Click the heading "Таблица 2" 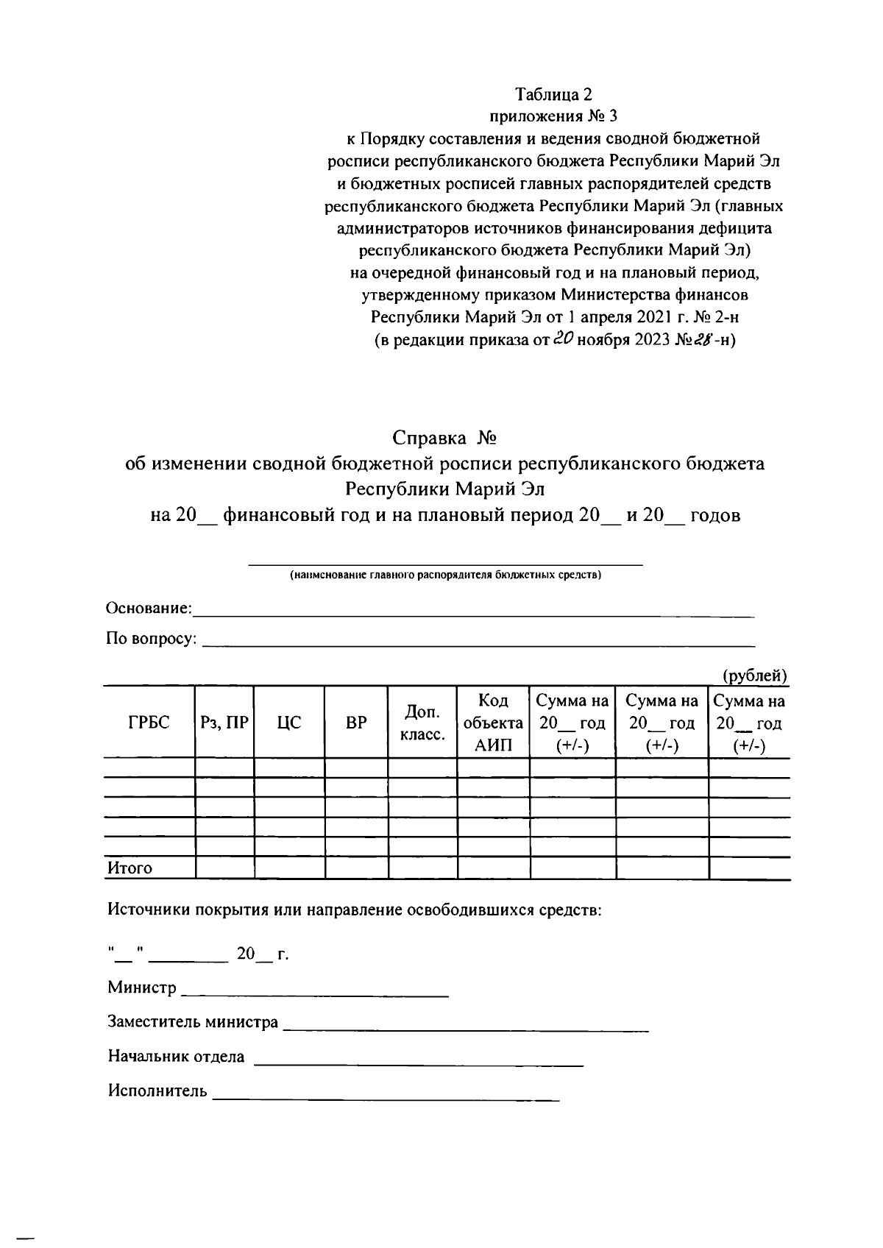pyautogui.click(x=553, y=94)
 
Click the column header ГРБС pyautogui.click(x=148, y=723)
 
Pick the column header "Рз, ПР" pyautogui.click(x=224, y=723)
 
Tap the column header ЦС pyautogui.click(x=289, y=723)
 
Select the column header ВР pyautogui.click(x=356, y=723)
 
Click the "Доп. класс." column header pyautogui.click(x=422, y=723)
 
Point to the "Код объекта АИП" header pyautogui.click(x=493, y=723)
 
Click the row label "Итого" pyautogui.click(x=130, y=868)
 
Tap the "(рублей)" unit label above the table pyautogui.click(x=755, y=675)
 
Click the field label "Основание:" pyautogui.click(x=149, y=609)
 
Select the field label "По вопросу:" pyautogui.click(x=152, y=639)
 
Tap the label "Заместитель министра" pyautogui.click(x=193, y=1021)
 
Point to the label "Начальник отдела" pyautogui.click(x=176, y=1056)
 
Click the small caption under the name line pyautogui.click(x=445, y=575)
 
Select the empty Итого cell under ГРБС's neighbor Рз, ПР pyautogui.click(x=224, y=868)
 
